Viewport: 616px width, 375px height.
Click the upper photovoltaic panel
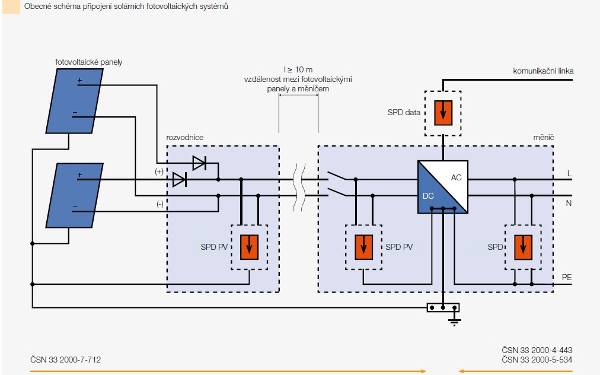(x=75, y=101)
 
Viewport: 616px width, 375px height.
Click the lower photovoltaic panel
(x=75, y=195)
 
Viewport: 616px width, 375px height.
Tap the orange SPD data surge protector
(x=443, y=113)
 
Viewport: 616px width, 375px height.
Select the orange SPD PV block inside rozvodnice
(x=249, y=247)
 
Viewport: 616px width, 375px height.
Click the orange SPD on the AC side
(x=523, y=247)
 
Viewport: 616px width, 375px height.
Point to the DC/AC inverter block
(x=443, y=187)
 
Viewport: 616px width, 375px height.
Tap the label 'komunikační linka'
(x=543, y=71)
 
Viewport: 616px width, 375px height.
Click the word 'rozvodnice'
(x=184, y=137)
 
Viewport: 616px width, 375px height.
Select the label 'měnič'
(x=543, y=137)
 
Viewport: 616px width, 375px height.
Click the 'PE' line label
(x=567, y=277)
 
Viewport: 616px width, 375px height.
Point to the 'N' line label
(x=569, y=203)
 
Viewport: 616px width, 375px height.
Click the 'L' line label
(x=569, y=173)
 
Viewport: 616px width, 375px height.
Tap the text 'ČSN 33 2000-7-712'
(x=66, y=360)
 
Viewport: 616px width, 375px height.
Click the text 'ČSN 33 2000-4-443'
(x=537, y=350)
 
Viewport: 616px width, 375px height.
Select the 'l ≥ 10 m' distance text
(x=298, y=69)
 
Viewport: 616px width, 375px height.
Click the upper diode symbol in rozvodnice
(x=199, y=163)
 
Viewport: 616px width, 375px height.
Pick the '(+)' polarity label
(x=159, y=171)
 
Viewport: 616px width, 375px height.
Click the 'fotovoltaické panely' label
(x=89, y=62)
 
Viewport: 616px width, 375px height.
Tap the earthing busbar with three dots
(x=443, y=308)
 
